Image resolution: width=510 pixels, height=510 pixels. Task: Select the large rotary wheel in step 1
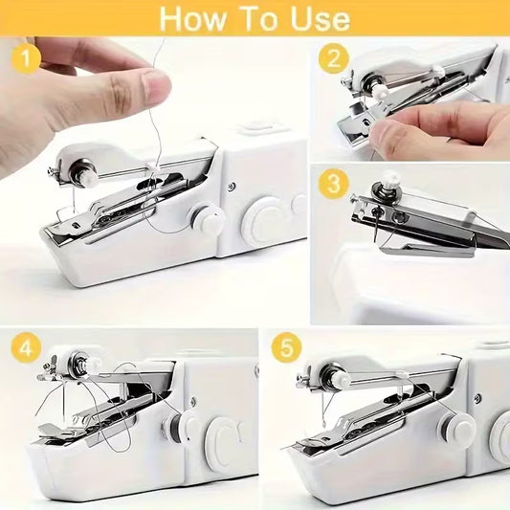click(264, 220)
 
